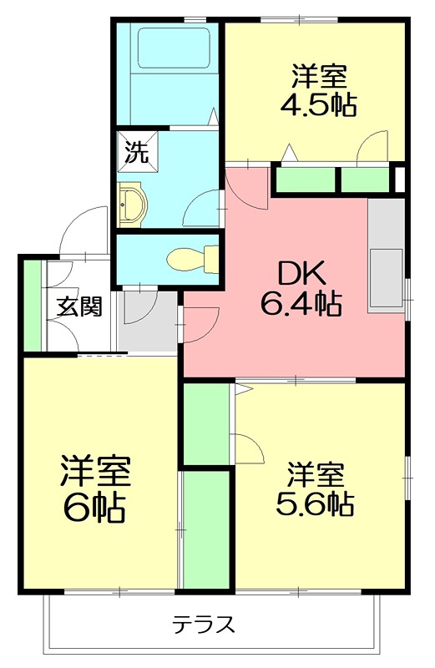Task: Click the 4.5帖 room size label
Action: [x=320, y=105]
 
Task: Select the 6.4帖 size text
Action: [x=301, y=305]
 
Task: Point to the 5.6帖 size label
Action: [x=316, y=504]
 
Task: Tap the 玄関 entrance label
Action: [x=79, y=306]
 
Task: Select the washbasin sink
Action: [x=131, y=204]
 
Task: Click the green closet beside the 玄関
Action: [x=33, y=306]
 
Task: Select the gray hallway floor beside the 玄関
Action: [x=147, y=321]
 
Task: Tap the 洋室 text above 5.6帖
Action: [x=316, y=475]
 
